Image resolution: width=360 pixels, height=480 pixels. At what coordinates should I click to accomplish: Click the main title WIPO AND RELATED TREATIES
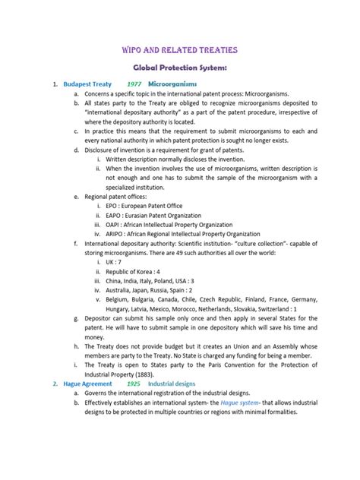coord(180,49)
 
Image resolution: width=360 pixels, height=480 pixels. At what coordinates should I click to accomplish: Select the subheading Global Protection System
coord(180,67)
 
